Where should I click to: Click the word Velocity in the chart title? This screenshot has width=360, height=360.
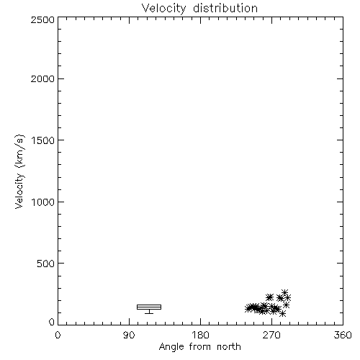tap(163, 9)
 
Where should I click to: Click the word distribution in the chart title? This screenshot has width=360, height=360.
tap(225, 8)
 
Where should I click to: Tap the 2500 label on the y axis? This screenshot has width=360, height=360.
tap(42, 19)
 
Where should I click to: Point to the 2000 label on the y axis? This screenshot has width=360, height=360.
tap(42, 78)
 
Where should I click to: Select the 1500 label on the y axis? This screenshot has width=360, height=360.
tap(43, 140)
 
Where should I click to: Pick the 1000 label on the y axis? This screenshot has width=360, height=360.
tap(43, 202)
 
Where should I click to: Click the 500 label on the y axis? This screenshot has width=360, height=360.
tap(46, 264)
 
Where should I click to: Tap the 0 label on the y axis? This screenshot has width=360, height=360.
tap(52, 322)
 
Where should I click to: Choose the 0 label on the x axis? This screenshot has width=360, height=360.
tap(58, 335)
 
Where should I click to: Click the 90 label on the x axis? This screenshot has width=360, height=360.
tap(129, 335)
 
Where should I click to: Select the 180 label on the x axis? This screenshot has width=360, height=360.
tap(200, 335)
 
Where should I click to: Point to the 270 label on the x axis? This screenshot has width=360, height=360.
tap(271, 335)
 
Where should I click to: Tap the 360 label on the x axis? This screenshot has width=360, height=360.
tap(343, 335)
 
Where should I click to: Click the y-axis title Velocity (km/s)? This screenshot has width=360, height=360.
tap(19, 171)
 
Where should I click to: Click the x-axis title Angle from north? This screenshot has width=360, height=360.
tap(200, 347)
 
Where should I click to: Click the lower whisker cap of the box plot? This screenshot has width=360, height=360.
tap(149, 313)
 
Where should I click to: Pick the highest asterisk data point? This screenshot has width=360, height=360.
tap(284, 292)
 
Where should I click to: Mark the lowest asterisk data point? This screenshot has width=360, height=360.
tap(283, 313)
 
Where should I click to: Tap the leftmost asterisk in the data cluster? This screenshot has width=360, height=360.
tap(248, 308)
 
